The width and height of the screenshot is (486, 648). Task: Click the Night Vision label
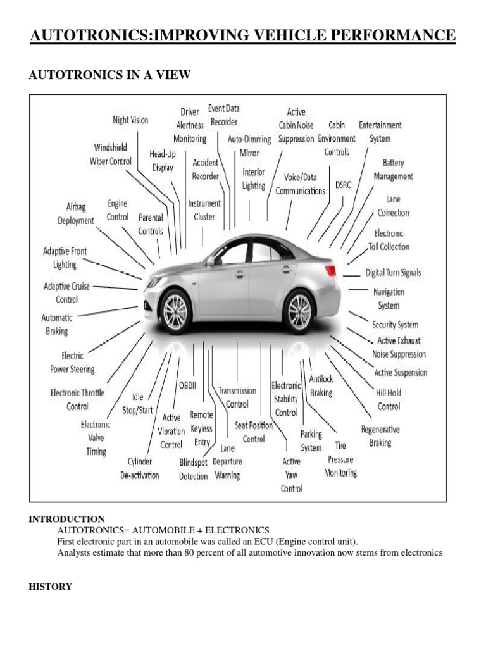pyautogui.click(x=130, y=120)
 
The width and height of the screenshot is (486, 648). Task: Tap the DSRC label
pyautogui.click(x=342, y=185)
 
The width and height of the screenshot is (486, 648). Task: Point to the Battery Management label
pyautogui.click(x=393, y=170)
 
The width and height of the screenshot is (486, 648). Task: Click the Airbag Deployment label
pyautogui.click(x=75, y=213)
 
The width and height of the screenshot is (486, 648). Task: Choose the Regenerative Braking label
pyautogui.click(x=380, y=436)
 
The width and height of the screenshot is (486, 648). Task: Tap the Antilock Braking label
pyautogui.click(x=321, y=385)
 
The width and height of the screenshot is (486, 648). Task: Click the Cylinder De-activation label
pyautogui.click(x=140, y=468)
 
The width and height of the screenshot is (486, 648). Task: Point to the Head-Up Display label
pyautogui.click(x=163, y=161)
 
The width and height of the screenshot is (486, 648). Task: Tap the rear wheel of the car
pyautogui.click(x=299, y=311)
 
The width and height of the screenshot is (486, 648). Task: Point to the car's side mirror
pyautogui.click(x=211, y=261)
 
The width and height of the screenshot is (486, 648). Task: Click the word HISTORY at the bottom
pyautogui.click(x=50, y=587)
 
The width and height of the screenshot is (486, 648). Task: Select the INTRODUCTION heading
pyautogui.click(x=66, y=519)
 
